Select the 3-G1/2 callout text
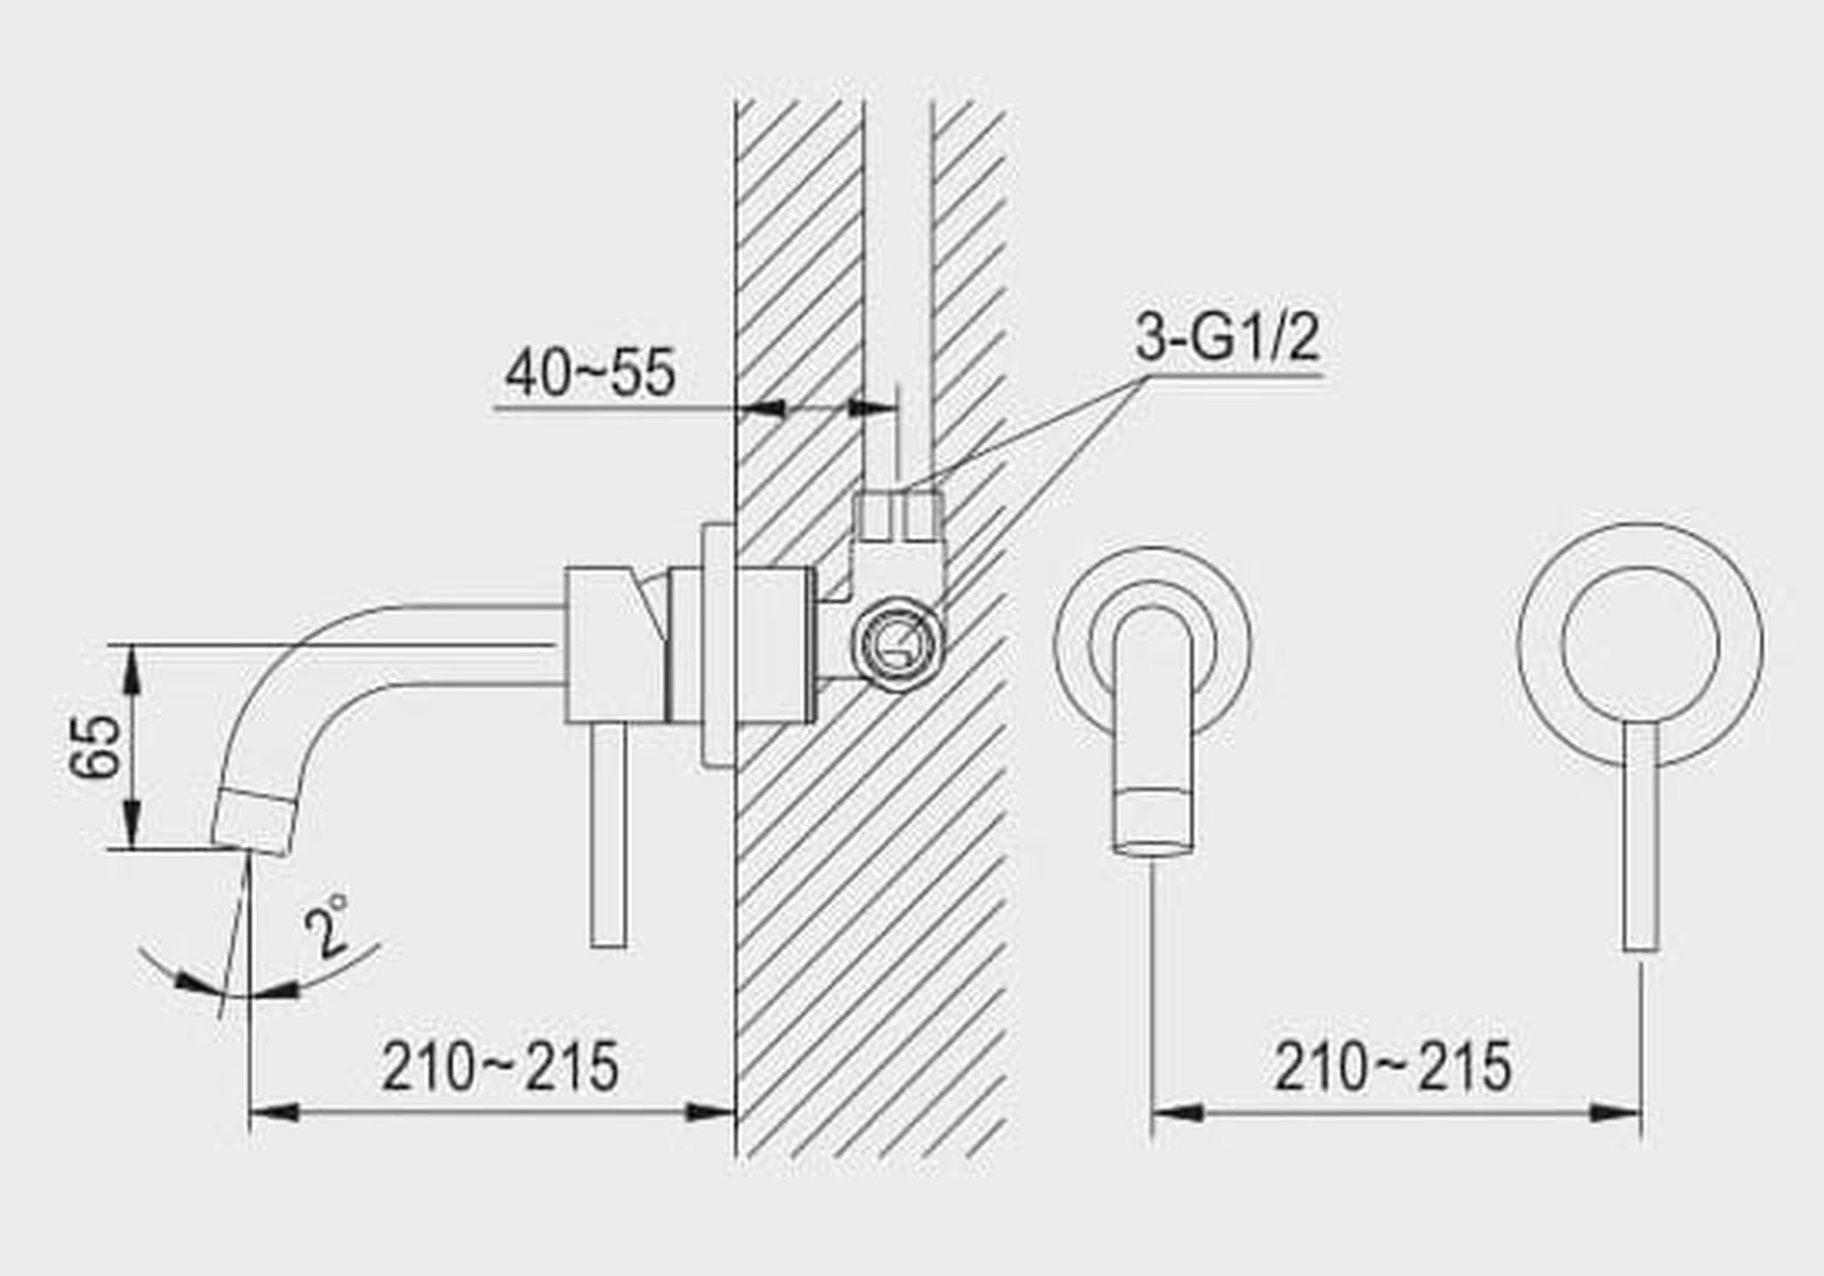(x=1226, y=337)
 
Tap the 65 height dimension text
(x=95, y=746)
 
